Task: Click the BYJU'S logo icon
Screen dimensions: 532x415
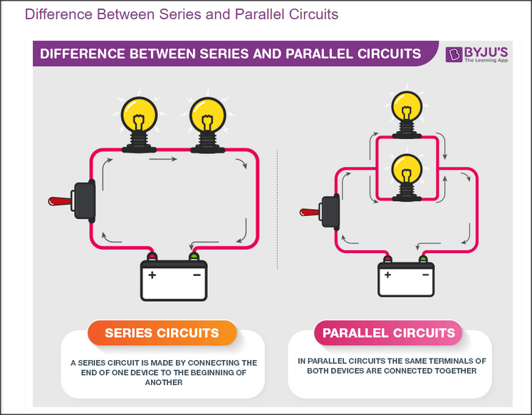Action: (x=454, y=54)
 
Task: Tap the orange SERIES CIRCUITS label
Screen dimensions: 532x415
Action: (x=162, y=333)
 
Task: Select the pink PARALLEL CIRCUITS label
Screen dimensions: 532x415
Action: (x=388, y=333)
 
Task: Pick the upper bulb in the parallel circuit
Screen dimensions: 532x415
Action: (x=407, y=115)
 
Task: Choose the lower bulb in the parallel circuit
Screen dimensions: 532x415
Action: (x=407, y=178)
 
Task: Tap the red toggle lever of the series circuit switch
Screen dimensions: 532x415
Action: (x=60, y=201)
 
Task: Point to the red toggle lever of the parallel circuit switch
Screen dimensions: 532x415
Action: (x=309, y=212)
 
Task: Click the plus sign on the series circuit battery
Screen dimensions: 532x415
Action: (x=152, y=275)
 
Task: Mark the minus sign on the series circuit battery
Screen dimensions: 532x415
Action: (x=197, y=275)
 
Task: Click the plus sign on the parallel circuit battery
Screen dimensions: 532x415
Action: (x=388, y=275)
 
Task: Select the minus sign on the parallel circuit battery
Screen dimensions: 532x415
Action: (x=425, y=275)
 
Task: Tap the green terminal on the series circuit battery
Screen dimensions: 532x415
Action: (x=194, y=256)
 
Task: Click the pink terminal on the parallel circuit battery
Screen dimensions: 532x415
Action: (x=387, y=259)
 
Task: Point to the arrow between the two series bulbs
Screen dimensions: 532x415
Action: (x=163, y=159)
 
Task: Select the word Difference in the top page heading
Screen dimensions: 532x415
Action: (x=58, y=14)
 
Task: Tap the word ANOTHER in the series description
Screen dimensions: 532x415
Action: (x=164, y=382)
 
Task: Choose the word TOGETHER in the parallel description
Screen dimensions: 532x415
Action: (x=457, y=371)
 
